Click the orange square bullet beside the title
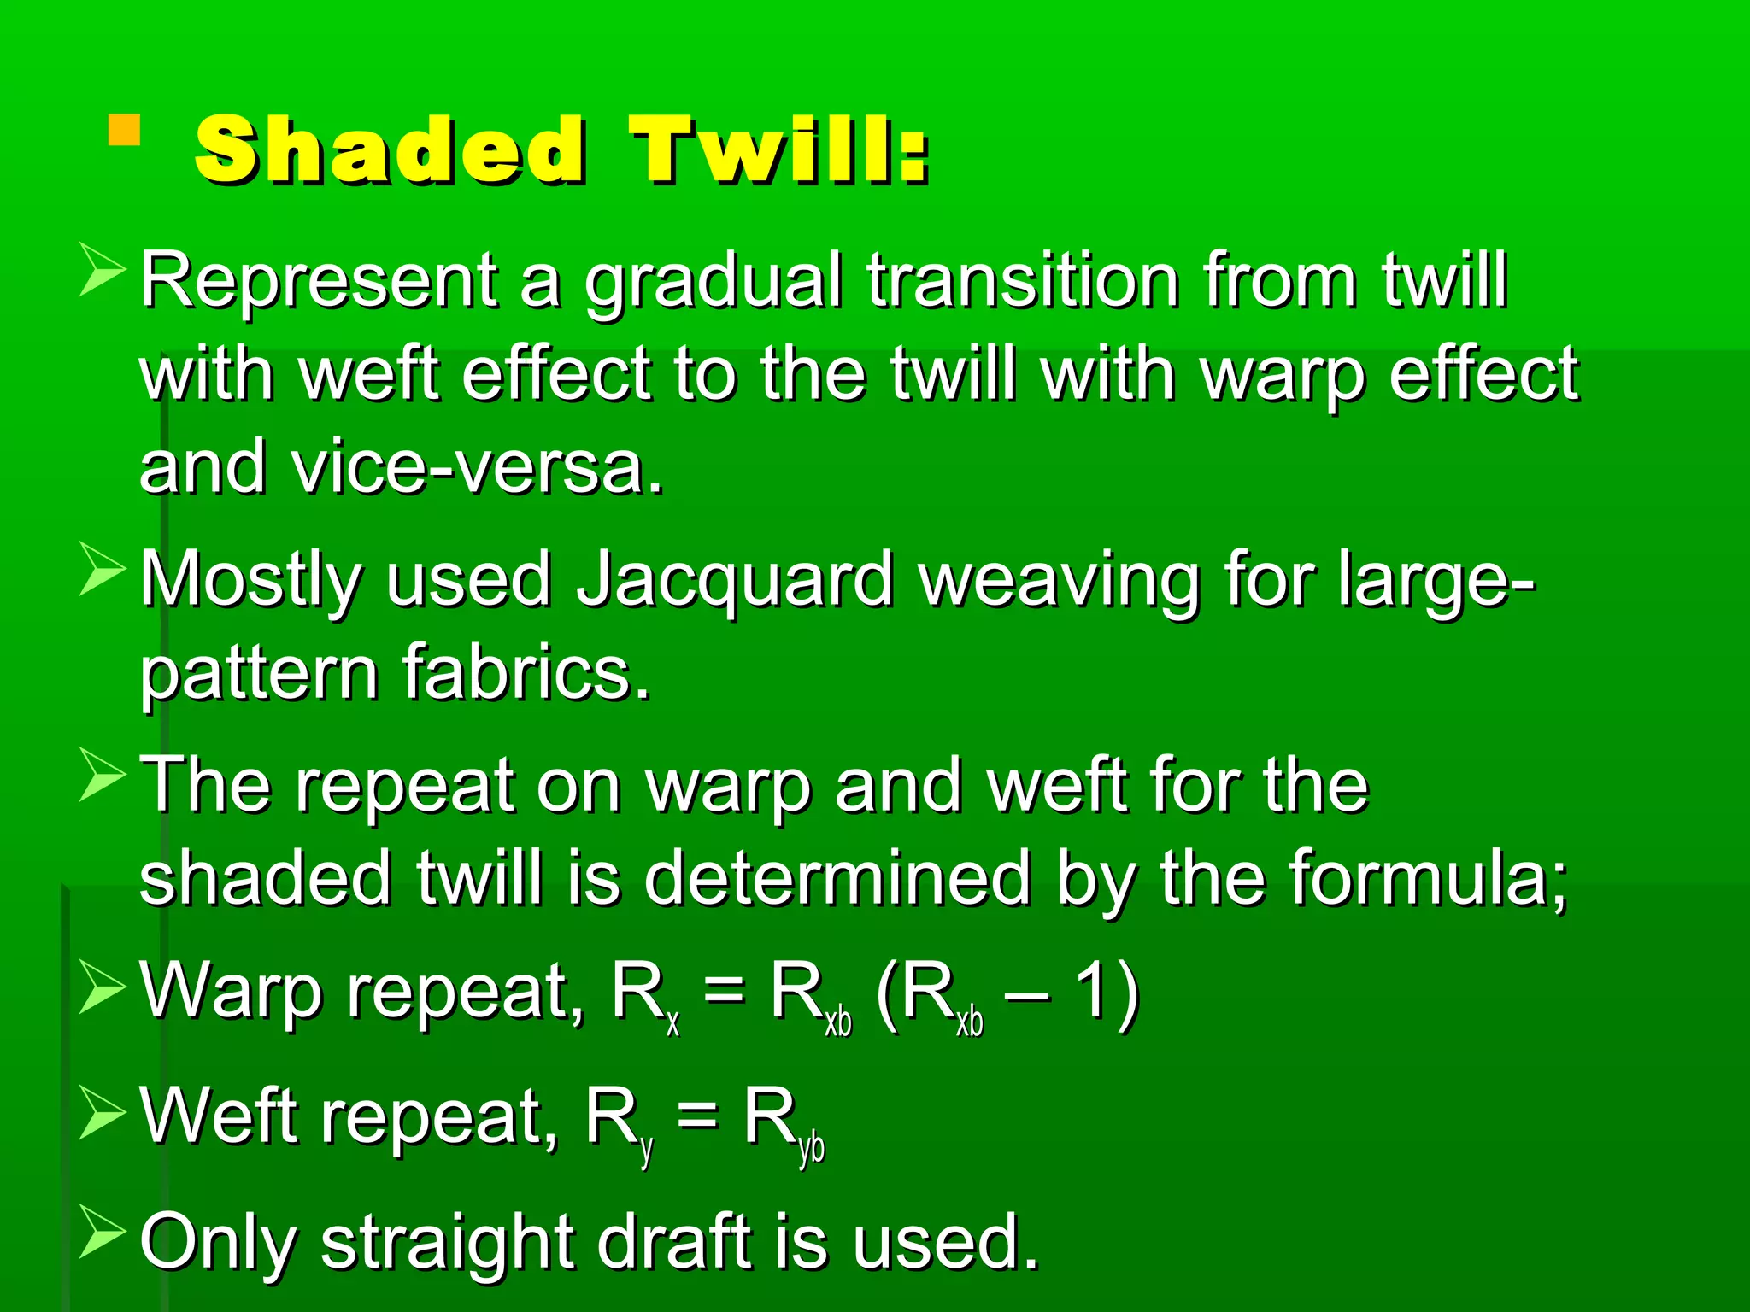125,130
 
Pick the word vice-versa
477,468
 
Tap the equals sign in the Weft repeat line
696,1116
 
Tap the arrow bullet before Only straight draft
102,1233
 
